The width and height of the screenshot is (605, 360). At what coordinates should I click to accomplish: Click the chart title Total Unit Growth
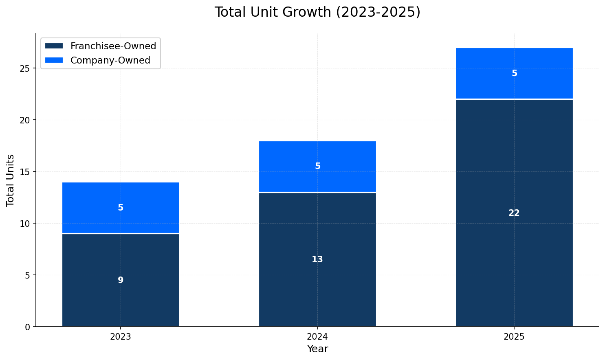(x=317, y=12)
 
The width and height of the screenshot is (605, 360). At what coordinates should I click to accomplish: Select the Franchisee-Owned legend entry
(x=113, y=46)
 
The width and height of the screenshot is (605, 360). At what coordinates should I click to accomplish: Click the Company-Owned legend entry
(x=110, y=60)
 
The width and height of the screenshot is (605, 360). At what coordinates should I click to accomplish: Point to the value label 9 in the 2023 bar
(x=121, y=280)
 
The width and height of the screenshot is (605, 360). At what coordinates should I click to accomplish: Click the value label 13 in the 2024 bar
(x=317, y=259)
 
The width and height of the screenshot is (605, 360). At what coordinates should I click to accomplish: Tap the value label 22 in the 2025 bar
(x=514, y=213)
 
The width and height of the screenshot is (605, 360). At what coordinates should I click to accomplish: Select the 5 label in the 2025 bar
(x=514, y=74)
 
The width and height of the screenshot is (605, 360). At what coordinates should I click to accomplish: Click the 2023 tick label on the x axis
(x=121, y=337)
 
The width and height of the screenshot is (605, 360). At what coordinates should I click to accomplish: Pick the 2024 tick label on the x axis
(x=317, y=337)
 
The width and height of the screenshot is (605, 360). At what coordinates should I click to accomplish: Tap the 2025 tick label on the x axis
(x=514, y=337)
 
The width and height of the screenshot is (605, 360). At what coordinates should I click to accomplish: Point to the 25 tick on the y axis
(x=25, y=68)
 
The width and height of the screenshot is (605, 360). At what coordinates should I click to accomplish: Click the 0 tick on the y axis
(x=27, y=327)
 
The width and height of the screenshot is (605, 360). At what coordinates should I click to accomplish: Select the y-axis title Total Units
(x=11, y=180)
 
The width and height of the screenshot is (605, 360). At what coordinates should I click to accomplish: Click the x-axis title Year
(x=317, y=349)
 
